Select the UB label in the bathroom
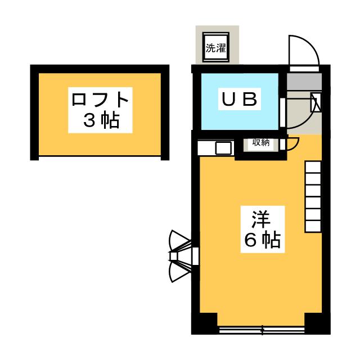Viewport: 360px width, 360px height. [238, 100]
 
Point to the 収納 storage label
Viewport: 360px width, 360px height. [260, 143]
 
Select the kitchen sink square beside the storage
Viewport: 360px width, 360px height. [223, 148]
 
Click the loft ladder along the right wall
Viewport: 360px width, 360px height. [313, 197]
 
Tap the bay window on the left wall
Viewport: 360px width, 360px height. [181, 256]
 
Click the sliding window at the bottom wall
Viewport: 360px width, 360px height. [261, 330]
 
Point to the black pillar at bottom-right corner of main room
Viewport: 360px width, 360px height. [315, 323]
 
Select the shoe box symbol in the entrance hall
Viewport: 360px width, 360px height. [316, 103]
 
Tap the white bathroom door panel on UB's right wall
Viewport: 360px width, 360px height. [281, 107]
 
